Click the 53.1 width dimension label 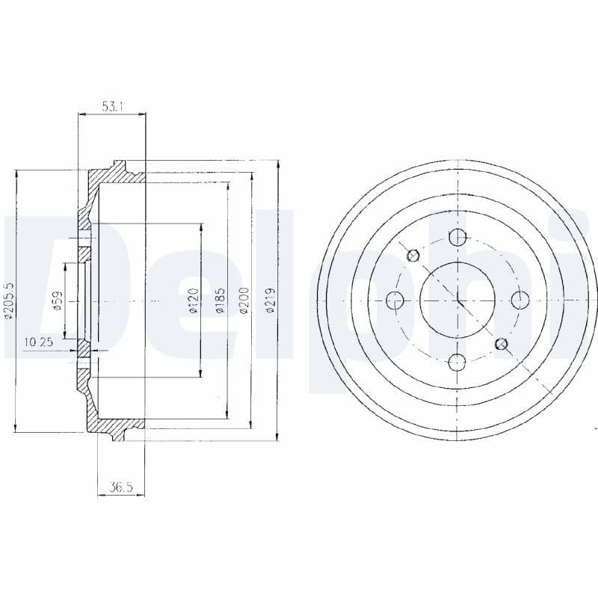pos(112,107)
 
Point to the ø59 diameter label pos(57,300)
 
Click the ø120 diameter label pos(193,300)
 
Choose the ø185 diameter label pos(219,300)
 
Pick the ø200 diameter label pos(244,300)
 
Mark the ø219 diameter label pos(271,300)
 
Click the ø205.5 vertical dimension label pos(9,300)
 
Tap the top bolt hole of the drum pos(457,238)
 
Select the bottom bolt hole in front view pos(457,363)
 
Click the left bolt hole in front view pos(395,300)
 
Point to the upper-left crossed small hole pos(413,256)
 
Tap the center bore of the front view pos(457,300)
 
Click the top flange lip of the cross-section pos(118,166)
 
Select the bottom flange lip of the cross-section pos(118,435)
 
